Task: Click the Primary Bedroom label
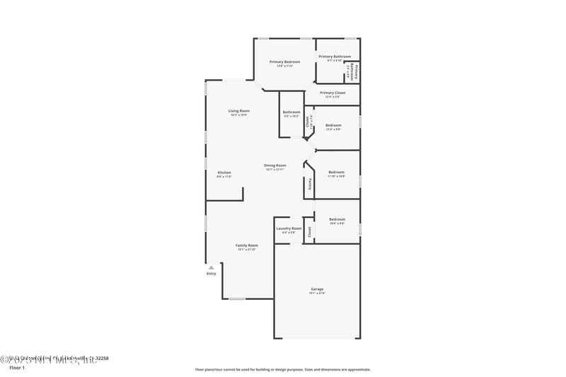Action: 284,62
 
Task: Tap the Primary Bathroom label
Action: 335,57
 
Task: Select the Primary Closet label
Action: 332,93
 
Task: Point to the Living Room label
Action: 238,111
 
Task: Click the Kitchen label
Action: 224,173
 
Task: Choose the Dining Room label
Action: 275,166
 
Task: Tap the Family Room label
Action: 247,245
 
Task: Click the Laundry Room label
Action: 289,228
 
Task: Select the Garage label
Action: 317,289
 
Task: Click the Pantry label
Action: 310,183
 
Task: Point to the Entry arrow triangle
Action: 211,267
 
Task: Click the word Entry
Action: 211,274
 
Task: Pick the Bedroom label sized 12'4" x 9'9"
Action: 333,125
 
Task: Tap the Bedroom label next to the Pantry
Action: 336,173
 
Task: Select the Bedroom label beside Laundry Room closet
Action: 337,219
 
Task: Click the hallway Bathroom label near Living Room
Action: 291,112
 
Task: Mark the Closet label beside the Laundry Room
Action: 309,231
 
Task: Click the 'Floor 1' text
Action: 16,368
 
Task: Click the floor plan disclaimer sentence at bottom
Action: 282,369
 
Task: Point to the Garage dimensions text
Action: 317,293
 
